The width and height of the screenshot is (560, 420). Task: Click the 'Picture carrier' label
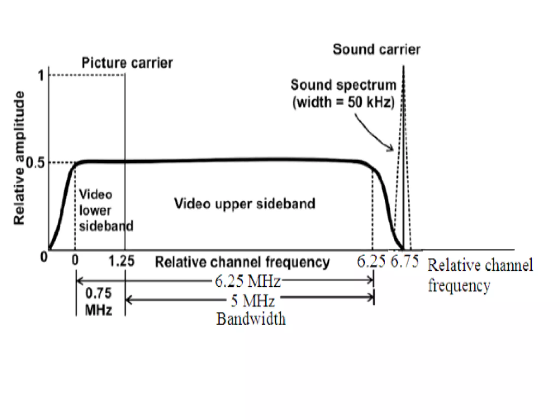127,63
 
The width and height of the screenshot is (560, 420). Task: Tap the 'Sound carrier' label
377,49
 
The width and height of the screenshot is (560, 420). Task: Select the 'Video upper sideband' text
245,204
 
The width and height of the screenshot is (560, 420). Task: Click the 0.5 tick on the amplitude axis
35,163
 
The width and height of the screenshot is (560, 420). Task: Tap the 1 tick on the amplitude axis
41,75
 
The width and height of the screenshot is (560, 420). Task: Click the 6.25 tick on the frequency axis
371,261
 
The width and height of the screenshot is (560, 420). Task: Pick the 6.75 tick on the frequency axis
404,261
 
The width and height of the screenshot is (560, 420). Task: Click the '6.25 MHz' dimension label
247,281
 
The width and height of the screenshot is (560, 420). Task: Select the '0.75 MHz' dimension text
99,302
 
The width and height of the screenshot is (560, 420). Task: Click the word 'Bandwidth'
251,319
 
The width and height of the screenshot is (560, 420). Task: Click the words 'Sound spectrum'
343,85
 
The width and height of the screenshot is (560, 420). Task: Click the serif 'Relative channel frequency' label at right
480,275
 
